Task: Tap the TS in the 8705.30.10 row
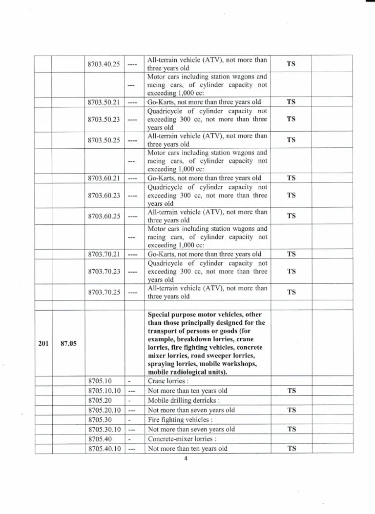[x=292, y=429]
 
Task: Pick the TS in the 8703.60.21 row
[x=292, y=178]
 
